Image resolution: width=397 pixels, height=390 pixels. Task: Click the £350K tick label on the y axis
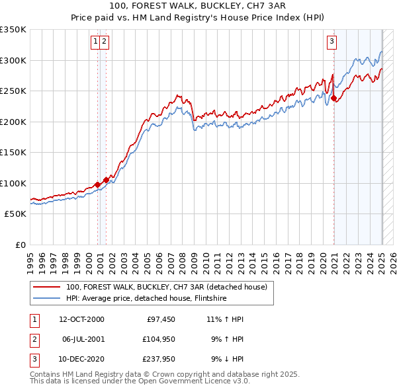coord(13,30)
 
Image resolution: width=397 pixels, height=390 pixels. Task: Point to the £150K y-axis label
coord(13,152)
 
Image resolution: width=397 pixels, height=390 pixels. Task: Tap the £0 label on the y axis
coord(21,245)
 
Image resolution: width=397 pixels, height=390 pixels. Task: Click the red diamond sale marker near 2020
coord(334,99)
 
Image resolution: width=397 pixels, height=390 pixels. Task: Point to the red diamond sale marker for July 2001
coord(106,180)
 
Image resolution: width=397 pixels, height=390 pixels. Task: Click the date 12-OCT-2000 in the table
coord(81,320)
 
